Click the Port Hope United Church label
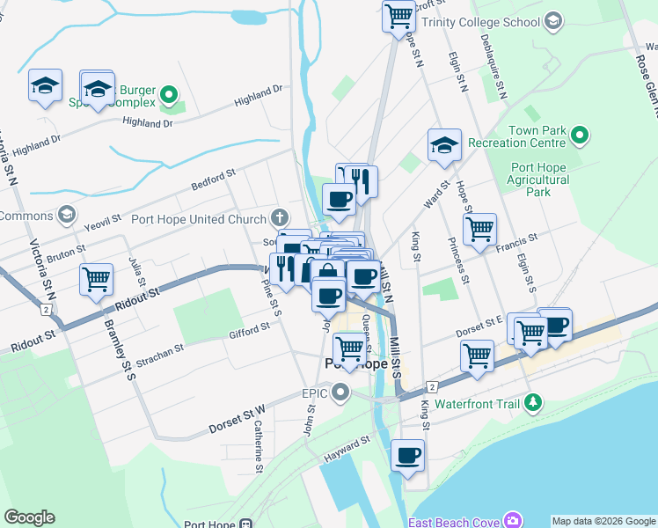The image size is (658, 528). coord(198,219)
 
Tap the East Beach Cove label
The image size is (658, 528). coord(457,520)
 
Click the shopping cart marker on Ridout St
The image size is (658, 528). coord(96,280)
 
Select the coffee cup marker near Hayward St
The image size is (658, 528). coord(407,456)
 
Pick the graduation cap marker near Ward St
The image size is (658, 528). coord(444,145)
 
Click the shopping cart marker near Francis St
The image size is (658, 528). coord(479,230)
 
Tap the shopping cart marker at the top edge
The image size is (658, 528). coord(398,15)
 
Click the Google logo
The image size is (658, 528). coord(29,517)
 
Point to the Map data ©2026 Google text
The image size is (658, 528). coord(603,521)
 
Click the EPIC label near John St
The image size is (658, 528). coord(315,392)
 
